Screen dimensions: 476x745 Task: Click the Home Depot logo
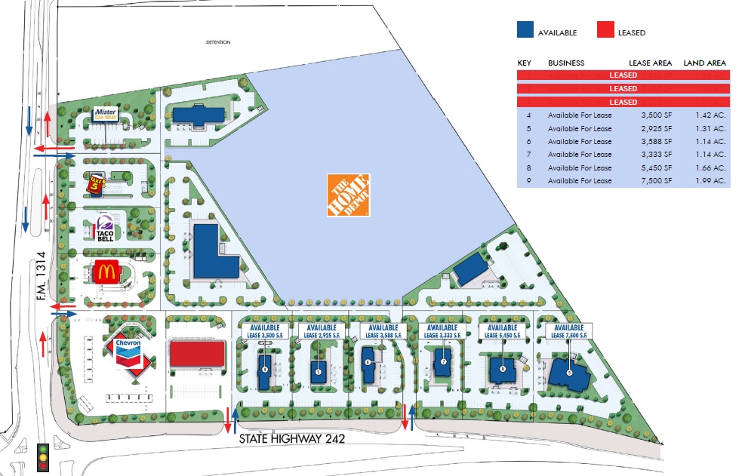tap(348, 195)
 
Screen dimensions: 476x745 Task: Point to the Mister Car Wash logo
tap(105, 114)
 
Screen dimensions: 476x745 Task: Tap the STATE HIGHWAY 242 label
tap(291, 438)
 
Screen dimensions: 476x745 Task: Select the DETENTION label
tap(219, 42)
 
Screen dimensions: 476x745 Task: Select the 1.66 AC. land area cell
tap(710, 168)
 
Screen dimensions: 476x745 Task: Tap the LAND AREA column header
tap(704, 63)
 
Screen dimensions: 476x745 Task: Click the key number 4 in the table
tap(529, 115)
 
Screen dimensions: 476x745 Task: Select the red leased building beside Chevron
tap(197, 353)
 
